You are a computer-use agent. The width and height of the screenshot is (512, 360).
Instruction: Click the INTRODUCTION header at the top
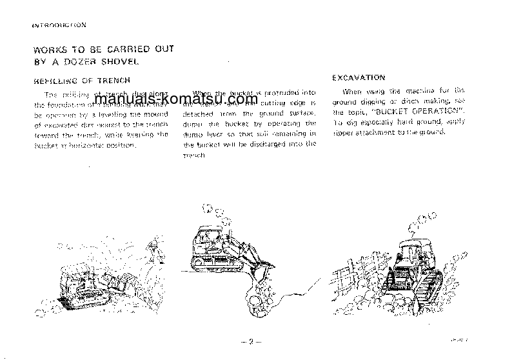59,26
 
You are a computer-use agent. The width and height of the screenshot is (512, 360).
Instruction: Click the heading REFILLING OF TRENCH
82,81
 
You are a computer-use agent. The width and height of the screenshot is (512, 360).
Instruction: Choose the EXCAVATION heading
359,77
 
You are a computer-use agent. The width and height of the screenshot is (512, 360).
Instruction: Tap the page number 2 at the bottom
250,342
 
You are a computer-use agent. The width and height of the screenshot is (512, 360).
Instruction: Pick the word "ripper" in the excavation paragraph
346,132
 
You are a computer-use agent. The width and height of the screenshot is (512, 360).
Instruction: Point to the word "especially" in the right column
382,122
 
